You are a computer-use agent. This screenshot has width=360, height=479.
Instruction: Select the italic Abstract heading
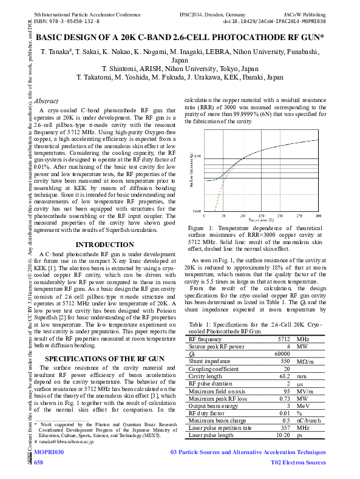pos(47,101)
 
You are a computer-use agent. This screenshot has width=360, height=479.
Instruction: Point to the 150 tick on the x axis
pos(261,216)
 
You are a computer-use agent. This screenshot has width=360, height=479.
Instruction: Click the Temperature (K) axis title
pos(261,220)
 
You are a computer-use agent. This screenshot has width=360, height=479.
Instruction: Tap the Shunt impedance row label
pos(208,360)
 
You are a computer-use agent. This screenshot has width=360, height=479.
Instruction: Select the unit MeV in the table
pos(304,406)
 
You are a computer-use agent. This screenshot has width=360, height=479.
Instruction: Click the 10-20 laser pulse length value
pos(282,435)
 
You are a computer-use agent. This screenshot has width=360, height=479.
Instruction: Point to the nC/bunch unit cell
pos(309,420)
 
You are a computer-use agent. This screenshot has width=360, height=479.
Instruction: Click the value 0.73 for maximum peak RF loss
pos(284,398)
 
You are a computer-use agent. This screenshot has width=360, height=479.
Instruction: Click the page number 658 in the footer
pos(39,463)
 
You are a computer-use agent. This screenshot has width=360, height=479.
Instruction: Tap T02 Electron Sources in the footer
pos(298,463)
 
